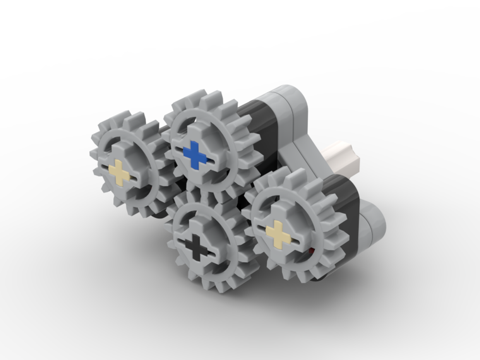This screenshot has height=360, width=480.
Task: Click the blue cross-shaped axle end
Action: [195, 155]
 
